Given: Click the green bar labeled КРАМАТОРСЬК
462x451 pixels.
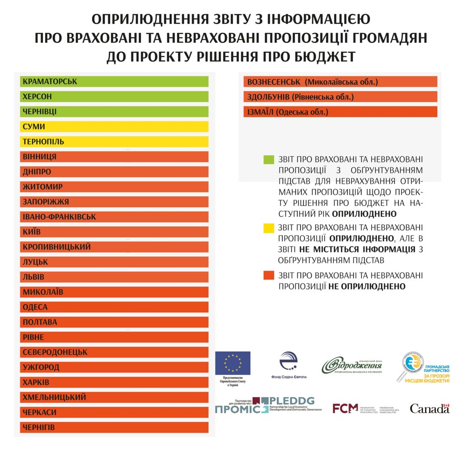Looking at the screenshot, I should tap(114, 82).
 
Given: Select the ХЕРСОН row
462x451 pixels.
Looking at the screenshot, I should tap(114, 97).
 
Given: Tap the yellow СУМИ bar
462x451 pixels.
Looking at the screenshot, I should tap(114, 127).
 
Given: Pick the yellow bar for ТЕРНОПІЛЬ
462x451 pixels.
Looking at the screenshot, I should tap(114, 142).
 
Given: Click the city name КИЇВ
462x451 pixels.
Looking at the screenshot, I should tap(32, 232).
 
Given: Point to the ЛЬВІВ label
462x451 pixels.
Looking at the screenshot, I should tap(34, 277).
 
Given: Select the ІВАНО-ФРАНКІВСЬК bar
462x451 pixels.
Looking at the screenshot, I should tap(114, 217).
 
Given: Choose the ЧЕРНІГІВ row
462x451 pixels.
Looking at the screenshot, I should tap(114, 428).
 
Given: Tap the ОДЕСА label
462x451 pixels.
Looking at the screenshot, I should tap(35, 307).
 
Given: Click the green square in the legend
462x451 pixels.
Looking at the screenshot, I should tap(269, 159).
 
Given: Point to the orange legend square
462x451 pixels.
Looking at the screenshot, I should tap(269, 275).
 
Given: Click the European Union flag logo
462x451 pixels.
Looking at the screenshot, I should tap(233, 363).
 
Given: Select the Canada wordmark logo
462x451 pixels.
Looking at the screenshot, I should tap(430, 409).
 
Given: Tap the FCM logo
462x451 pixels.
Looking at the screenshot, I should tap(346, 409).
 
